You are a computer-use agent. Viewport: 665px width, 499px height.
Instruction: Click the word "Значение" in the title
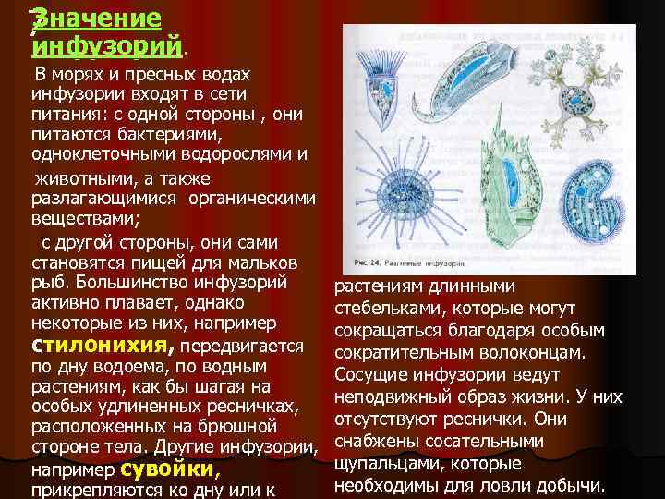(x=96, y=18)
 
